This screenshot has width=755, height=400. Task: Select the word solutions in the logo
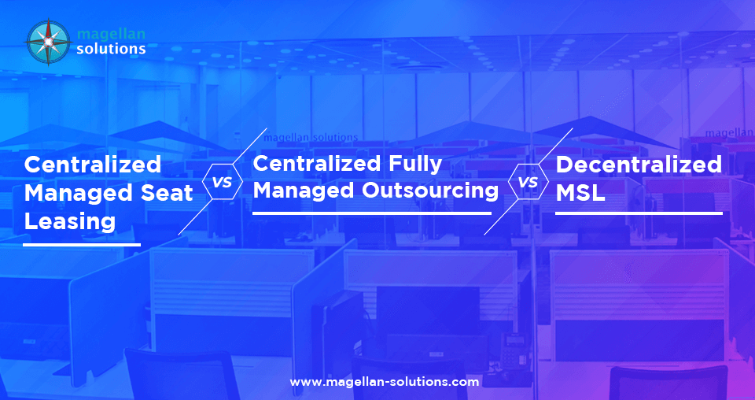pos(111,49)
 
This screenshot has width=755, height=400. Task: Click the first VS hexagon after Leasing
pos(223,182)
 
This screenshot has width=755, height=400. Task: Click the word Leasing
pos(70,221)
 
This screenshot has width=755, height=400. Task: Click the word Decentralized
pos(639,165)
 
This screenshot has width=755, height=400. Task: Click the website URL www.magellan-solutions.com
pos(385,381)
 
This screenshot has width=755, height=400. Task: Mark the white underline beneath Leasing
pos(82,244)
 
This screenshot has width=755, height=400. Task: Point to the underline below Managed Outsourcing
pos(372,213)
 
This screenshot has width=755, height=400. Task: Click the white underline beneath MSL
pos(639,213)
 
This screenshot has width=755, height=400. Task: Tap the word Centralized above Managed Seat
pos(93,165)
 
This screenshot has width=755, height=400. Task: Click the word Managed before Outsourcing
pos(300,191)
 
